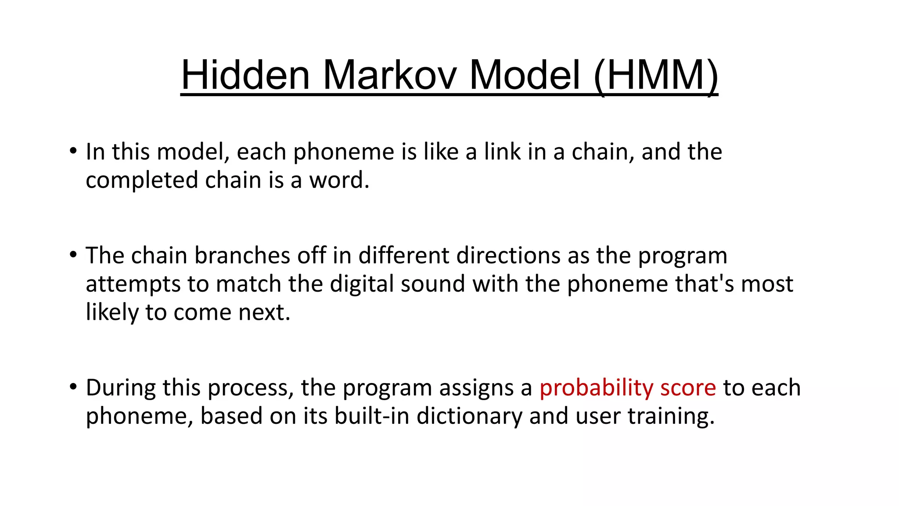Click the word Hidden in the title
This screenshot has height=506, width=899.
(x=245, y=76)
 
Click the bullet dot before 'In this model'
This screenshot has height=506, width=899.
(x=73, y=151)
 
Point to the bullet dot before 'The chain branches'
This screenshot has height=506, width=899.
(x=73, y=255)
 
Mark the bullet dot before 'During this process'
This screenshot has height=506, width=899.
(x=73, y=387)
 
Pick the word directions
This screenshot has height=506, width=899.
(x=508, y=255)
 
